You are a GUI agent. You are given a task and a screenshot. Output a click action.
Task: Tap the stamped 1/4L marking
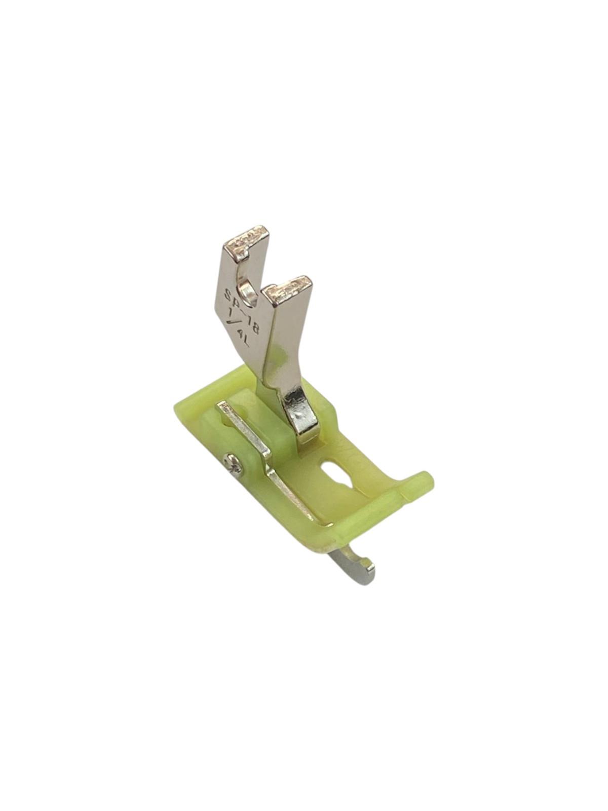238,335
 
